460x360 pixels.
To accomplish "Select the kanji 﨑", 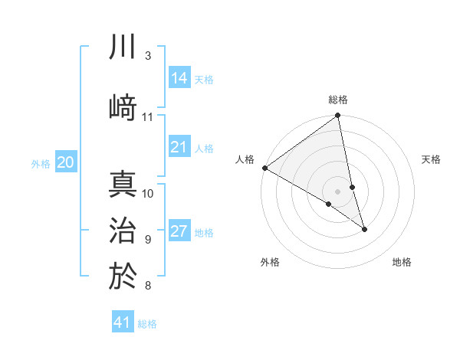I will point(123,106).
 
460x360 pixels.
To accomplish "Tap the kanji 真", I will point(123,186).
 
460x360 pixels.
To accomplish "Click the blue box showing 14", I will point(179,78).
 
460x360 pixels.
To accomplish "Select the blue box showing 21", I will point(179,147).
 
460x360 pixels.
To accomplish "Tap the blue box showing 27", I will point(179,232).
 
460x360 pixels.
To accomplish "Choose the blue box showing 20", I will point(66,162).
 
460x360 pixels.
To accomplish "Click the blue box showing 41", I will point(123,322).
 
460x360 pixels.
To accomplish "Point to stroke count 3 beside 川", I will point(147,56).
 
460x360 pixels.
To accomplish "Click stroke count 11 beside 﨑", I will point(148,116).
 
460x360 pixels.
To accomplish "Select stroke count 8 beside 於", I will point(147,286).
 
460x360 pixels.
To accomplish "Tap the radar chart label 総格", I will point(338,100).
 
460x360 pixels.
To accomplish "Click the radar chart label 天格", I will point(431,159).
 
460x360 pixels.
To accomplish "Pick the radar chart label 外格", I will point(270,262).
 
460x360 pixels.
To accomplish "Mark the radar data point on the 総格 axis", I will point(337,116).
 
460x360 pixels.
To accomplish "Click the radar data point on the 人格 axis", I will point(265,168).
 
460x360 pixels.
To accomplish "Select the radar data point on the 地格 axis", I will point(364,228).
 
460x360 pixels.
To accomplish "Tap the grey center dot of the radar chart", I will point(337,191).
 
